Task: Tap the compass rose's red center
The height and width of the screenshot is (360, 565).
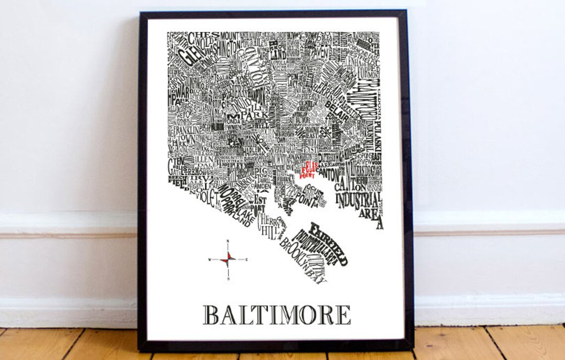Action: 227,259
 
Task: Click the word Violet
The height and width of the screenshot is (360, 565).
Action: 207,197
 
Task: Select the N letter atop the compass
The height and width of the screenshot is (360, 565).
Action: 227,241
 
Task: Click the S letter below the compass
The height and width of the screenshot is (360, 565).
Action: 228,279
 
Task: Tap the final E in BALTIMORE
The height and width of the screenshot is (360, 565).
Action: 343,315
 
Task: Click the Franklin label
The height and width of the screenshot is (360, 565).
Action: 186,129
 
